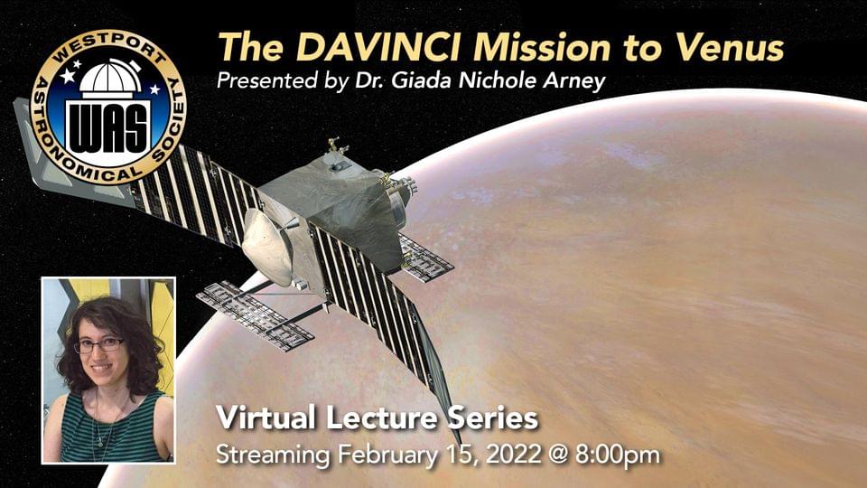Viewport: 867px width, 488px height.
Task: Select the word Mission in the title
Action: [542, 46]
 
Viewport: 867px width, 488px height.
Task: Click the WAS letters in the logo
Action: [108, 127]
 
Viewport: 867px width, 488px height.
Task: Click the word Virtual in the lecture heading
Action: [266, 418]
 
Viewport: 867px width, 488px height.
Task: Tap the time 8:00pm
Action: [618, 455]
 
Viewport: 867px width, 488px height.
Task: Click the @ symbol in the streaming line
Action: [558, 455]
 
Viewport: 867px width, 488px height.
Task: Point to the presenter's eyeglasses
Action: [100, 345]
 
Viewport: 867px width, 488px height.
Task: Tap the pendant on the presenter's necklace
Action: [100, 442]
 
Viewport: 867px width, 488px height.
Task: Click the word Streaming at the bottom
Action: [273, 455]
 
